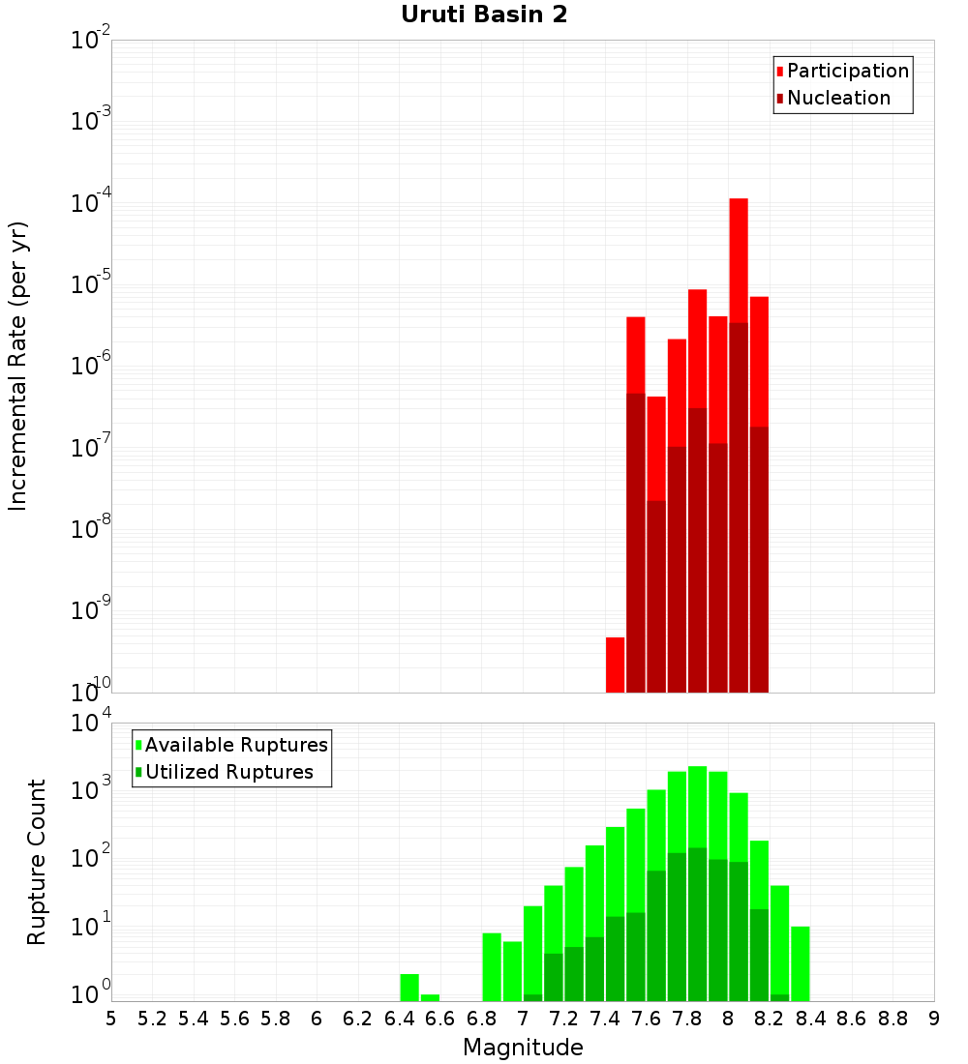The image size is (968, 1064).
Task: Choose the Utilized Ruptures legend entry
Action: click(x=227, y=772)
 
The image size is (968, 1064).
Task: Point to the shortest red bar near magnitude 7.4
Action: click(x=615, y=665)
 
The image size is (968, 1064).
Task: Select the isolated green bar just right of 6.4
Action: click(x=409, y=987)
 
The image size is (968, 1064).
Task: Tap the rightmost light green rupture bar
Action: click(x=800, y=962)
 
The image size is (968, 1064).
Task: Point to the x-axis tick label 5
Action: click(x=111, y=1019)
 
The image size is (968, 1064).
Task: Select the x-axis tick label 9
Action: click(x=934, y=1019)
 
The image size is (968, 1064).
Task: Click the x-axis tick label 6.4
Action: click(x=399, y=1019)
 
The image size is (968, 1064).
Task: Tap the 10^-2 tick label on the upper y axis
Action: click(x=91, y=41)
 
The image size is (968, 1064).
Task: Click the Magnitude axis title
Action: click(x=523, y=1048)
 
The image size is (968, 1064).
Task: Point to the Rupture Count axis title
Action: click(x=37, y=861)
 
